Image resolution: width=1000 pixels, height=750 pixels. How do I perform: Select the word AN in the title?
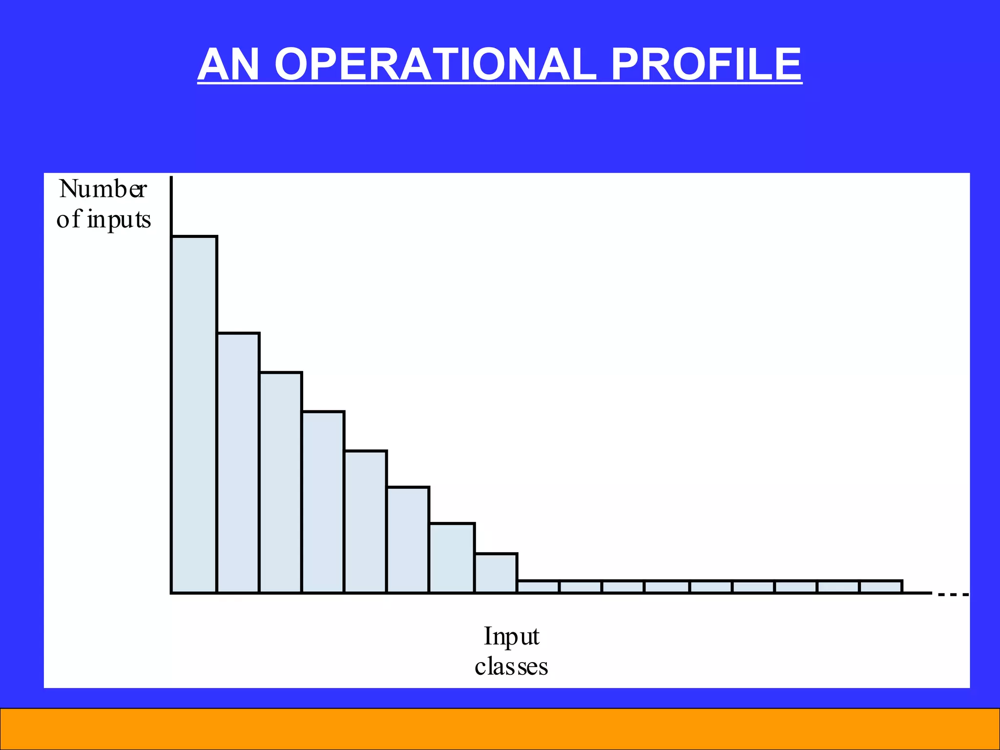pyautogui.click(x=228, y=64)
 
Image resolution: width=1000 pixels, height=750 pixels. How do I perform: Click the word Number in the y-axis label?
pyautogui.click(x=103, y=189)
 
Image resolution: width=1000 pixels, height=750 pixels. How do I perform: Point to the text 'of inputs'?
pyautogui.click(x=104, y=219)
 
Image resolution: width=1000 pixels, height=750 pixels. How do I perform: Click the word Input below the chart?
pyautogui.click(x=511, y=636)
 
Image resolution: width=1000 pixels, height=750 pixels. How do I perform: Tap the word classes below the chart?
pyautogui.click(x=511, y=667)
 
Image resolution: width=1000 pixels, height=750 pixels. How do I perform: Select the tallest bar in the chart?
pyautogui.click(x=194, y=415)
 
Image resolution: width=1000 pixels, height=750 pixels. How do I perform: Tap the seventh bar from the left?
pyautogui.click(x=452, y=558)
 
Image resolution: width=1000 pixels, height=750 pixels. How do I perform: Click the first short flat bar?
pyautogui.click(x=538, y=586)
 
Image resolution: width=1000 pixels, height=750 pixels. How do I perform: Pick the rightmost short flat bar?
pyautogui.click(x=881, y=586)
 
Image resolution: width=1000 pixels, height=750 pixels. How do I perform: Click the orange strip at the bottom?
pyautogui.click(x=500, y=729)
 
